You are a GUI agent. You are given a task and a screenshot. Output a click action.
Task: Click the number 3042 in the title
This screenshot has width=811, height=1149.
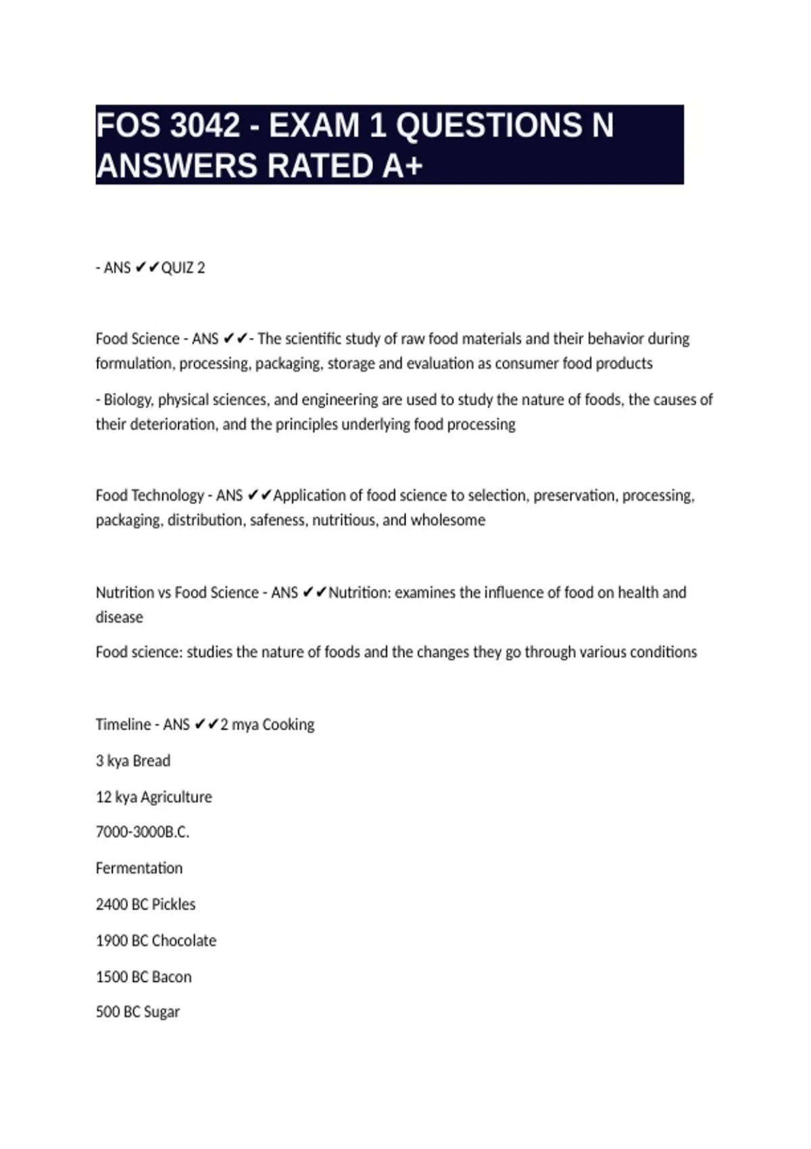[205, 126]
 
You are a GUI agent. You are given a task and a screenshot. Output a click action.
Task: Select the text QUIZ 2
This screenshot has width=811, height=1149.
[182, 268]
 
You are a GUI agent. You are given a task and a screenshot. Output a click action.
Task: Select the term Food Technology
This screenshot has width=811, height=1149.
[149, 495]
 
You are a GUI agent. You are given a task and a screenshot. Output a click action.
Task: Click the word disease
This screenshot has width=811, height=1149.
[119, 617]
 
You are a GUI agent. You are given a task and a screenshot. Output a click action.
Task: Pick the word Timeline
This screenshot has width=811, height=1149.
[123, 725]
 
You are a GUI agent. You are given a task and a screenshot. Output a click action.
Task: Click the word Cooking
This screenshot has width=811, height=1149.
[288, 725]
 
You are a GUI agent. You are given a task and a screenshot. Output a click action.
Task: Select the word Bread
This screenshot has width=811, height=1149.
[151, 761]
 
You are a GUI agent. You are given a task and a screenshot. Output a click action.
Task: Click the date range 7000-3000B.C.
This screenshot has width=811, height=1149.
[142, 832]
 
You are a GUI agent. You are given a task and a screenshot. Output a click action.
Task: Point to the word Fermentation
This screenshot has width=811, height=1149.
[139, 869]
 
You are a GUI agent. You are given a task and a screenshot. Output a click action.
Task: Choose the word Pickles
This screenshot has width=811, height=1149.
[174, 905]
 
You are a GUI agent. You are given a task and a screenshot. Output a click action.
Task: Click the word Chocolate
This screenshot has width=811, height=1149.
[184, 941]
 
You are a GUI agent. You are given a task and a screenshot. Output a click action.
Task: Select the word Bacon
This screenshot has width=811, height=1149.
[172, 977]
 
